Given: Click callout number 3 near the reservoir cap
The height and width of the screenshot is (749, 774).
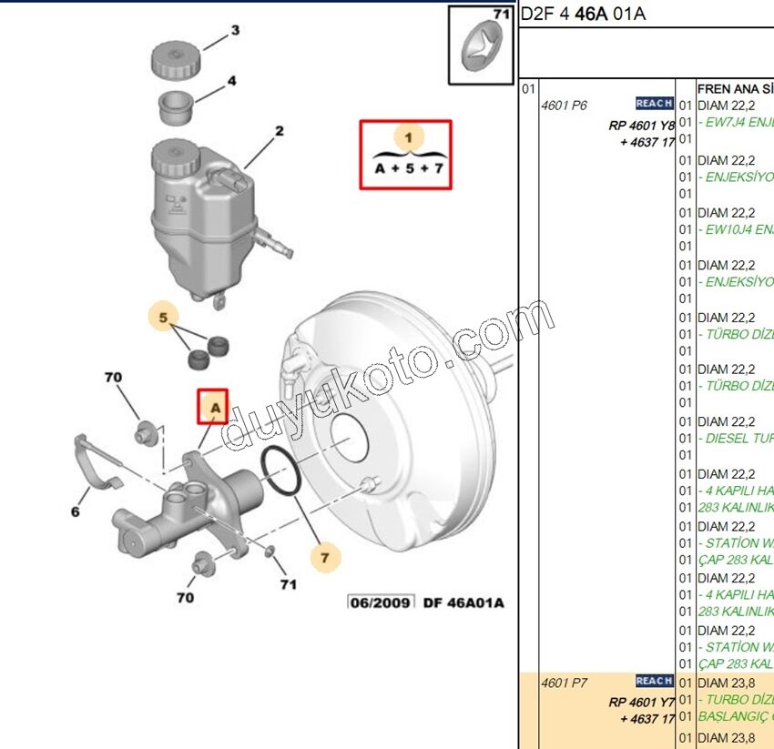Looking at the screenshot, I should point(235,30).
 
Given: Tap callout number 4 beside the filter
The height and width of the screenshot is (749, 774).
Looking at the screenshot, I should point(231,81).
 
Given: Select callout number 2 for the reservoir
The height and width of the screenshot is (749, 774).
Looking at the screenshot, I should point(280,131).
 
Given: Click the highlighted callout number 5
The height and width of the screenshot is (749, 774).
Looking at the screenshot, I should point(163,319).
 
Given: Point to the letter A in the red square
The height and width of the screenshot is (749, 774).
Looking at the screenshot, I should point(215,407).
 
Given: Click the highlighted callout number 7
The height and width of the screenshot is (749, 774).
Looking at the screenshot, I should point(323,555).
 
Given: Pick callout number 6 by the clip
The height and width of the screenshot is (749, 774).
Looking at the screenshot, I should point(76,512).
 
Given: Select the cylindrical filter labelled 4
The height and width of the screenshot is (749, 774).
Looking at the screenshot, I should point(177,106).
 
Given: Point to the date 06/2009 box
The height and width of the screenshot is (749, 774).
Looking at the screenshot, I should point(381,602).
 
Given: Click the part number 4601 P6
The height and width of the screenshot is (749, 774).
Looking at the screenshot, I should point(565,106).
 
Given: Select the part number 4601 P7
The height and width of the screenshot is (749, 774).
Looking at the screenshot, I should point(565,683).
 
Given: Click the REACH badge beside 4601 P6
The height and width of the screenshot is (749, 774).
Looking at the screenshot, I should point(655,104).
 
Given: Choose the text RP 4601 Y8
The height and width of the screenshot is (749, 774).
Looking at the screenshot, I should point(642,126).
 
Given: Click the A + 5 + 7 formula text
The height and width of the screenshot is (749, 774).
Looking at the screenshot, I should point(410,168).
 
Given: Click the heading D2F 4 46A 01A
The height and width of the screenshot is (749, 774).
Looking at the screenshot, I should point(583,15).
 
